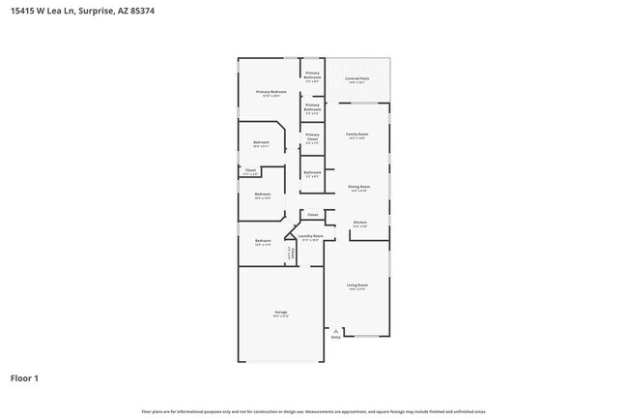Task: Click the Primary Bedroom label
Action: pos(271,92)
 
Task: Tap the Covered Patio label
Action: pos(357,79)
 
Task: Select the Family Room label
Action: pos(357,135)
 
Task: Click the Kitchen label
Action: pos(359,223)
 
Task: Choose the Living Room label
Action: pos(357,285)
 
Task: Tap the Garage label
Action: pos(281,312)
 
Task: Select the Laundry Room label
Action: pos(311,235)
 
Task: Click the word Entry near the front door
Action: pos(336,337)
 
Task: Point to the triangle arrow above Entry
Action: pos(336,330)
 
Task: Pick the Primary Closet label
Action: pos(312,137)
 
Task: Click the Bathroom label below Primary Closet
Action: pos(312,173)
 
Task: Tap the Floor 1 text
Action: pos(25,377)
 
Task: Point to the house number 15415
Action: pos(22,12)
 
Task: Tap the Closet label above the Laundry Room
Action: pos(312,214)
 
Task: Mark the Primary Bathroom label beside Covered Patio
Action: pos(312,75)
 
